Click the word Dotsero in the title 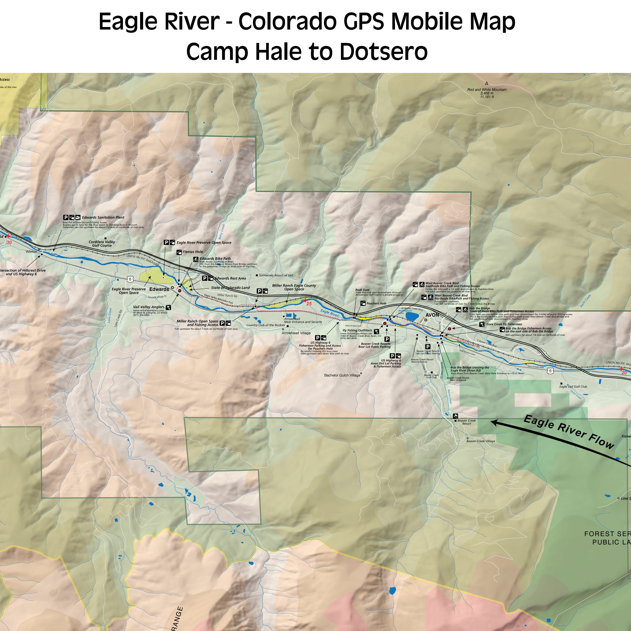click(x=383, y=51)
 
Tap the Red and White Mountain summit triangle click(x=487, y=83)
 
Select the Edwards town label click(x=159, y=289)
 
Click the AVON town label click(x=432, y=315)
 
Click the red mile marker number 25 click(x=309, y=304)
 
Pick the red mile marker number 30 click(x=9, y=243)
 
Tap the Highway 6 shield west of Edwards click(x=130, y=279)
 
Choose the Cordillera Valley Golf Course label click(x=102, y=244)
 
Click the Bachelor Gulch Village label click(x=342, y=375)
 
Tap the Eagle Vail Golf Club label click(x=573, y=386)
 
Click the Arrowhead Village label click(x=296, y=333)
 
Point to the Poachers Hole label click(x=376, y=303)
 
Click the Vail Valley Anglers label click(x=149, y=307)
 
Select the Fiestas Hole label click(x=193, y=252)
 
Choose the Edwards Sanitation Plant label click(x=103, y=217)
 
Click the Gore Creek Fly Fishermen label click(x=504, y=324)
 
